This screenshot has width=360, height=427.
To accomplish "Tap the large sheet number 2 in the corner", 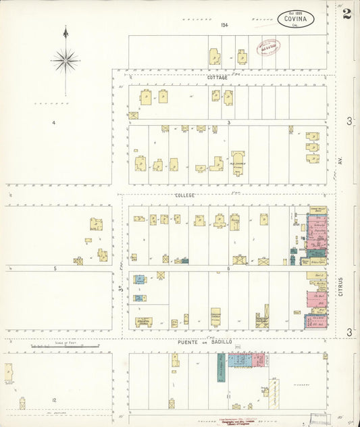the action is (x=346, y=14).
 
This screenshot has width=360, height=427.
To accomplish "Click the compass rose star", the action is (x=66, y=61).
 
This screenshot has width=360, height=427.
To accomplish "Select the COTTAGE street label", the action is (x=217, y=78).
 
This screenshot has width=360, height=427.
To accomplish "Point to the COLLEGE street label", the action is (x=184, y=195).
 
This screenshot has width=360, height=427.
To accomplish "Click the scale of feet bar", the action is (x=65, y=347).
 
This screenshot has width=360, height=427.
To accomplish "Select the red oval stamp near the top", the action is (x=265, y=47).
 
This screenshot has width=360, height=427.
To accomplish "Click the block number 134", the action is (x=224, y=25).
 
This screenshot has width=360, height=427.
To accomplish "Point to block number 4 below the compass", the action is (x=53, y=122).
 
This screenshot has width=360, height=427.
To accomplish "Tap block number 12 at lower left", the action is (x=54, y=400).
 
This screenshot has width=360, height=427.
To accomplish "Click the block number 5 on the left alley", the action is (x=56, y=269).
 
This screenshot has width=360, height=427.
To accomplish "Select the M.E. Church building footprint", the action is (x=236, y=163).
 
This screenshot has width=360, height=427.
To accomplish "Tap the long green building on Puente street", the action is (x=221, y=367).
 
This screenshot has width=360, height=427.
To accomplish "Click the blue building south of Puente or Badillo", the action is (x=235, y=360).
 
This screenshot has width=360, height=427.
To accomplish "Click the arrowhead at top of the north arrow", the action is (x=66, y=31).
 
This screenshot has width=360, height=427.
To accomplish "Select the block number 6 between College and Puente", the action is (x=228, y=269).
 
